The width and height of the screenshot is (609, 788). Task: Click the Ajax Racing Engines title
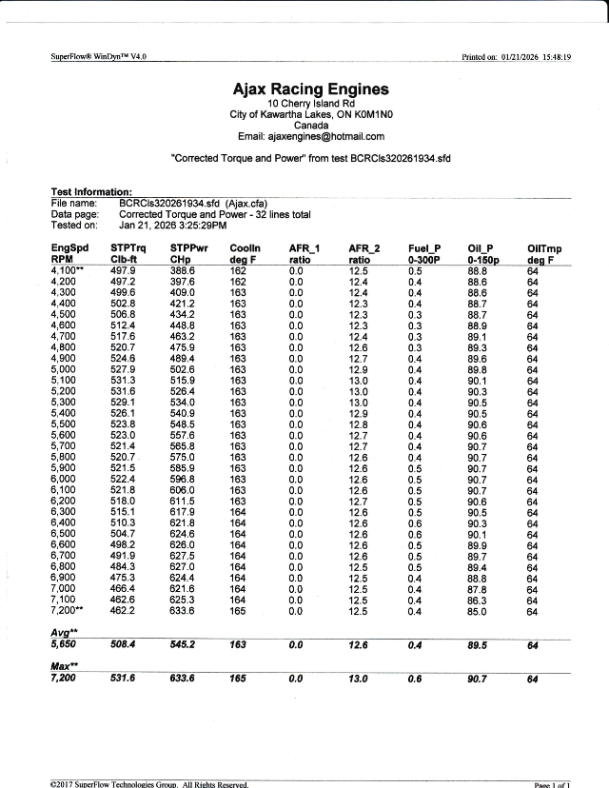pos(310,89)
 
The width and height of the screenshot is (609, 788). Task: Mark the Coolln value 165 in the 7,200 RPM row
pos(238,610)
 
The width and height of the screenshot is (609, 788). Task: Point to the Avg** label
pos(63,632)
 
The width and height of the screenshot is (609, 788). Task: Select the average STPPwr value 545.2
pos(185,643)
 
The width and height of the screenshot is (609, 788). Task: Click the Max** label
pos(64,666)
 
